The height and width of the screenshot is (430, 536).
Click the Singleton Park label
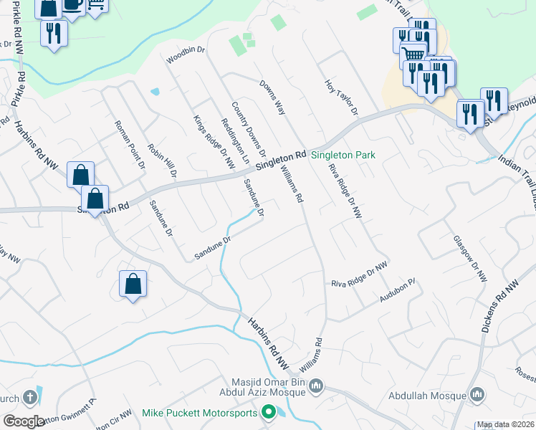343,155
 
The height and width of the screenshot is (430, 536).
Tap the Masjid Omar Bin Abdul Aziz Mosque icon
317,387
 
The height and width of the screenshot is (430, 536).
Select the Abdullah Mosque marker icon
479,395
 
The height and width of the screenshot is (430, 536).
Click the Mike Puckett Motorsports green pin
269,412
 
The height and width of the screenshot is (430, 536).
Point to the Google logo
24,421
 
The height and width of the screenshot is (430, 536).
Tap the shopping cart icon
412,55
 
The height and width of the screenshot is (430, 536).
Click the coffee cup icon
72,4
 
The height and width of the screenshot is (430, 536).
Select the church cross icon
30,396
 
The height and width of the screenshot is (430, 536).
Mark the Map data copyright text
506,424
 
